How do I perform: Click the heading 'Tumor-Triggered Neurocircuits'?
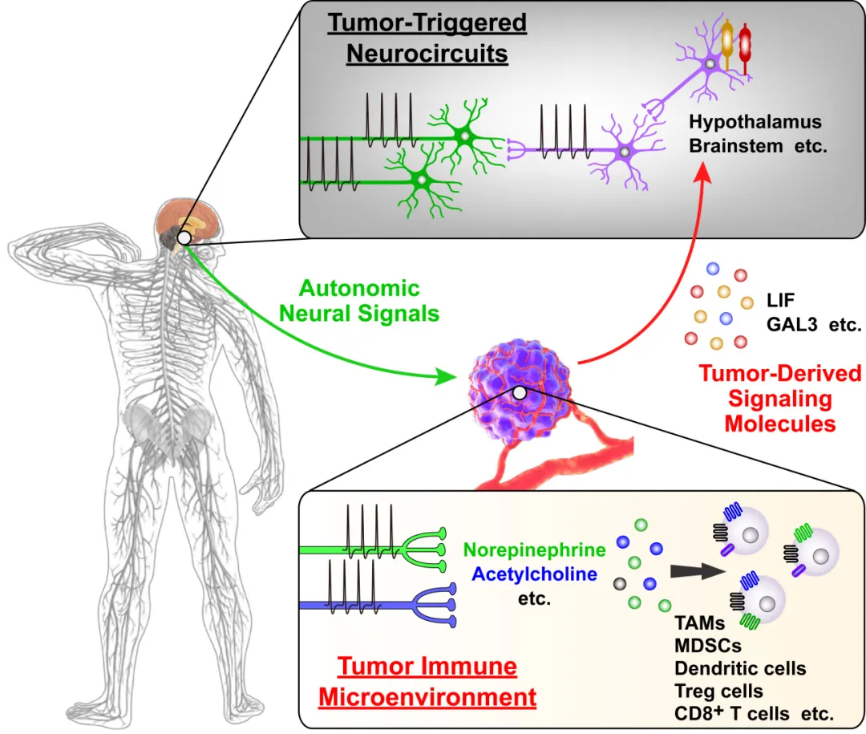point(427,38)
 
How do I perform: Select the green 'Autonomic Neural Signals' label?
point(359,300)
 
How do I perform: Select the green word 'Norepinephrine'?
point(535,550)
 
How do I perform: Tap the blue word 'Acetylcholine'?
point(535,574)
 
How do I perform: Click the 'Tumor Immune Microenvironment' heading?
point(427,681)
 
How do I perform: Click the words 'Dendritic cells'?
point(740,668)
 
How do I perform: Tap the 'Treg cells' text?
point(718,690)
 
